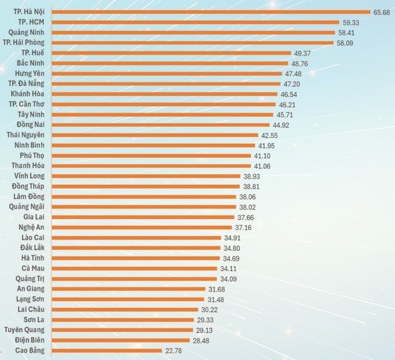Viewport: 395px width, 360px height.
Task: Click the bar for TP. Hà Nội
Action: click(x=211, y=12)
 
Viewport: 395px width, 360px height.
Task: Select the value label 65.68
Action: click(x=381, y=12)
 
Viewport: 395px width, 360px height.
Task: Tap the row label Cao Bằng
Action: click(x=30, y=350)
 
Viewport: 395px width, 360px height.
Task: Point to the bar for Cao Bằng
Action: click(x=107, y=350)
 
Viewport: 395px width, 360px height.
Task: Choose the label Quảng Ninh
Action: click(x=26, y=32)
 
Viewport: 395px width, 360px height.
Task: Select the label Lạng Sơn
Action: click(x=30, y=299)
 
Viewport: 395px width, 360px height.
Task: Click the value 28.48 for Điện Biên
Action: click(x=201, y=340)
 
